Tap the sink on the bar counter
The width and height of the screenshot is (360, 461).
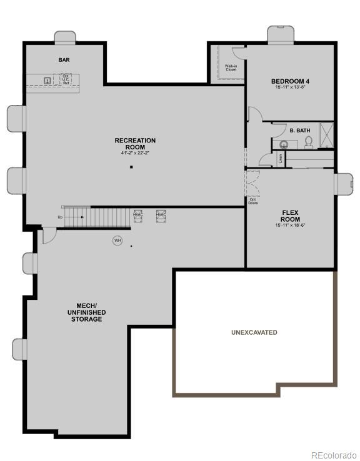pos(47,79)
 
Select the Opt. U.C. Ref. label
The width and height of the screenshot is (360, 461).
pos(66,79)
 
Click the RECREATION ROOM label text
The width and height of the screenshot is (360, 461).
pos(135,144)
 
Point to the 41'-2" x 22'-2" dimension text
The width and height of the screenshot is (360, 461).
pos(135,153)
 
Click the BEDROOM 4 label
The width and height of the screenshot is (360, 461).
pos(289,81)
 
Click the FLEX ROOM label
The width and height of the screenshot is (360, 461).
pos(290,216)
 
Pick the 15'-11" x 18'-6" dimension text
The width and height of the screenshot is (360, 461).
pos(290,226)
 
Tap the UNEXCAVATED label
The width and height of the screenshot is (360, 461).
pos(254,332)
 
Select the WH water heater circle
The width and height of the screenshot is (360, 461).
pos(117,240)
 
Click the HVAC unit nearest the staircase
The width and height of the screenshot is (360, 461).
pos(139,215)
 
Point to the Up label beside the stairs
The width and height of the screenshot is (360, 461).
pos(60,217)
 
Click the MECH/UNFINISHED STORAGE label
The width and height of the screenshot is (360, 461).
pos(86,312)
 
